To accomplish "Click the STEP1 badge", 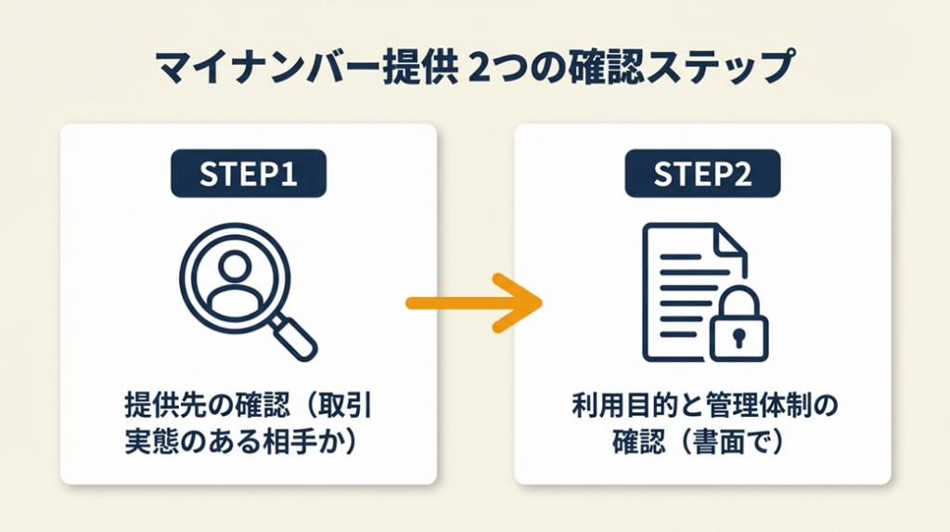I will (x=248, y=175).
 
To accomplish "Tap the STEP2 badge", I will (x=702, y=175).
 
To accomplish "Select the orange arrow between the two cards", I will (x=474, y=302).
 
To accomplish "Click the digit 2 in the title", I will (x=481, y=71).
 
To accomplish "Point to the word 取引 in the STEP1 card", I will (x=349, y=408).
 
